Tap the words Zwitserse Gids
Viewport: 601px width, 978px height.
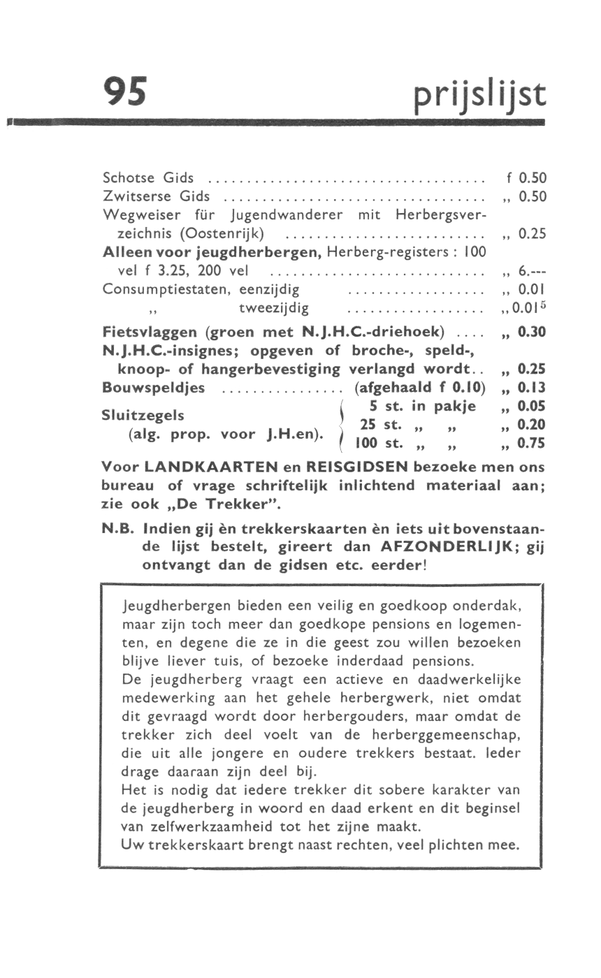pos(146,196)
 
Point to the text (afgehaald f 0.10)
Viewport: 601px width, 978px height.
pos(421,387)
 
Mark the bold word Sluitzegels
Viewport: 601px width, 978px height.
pos(143,415)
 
